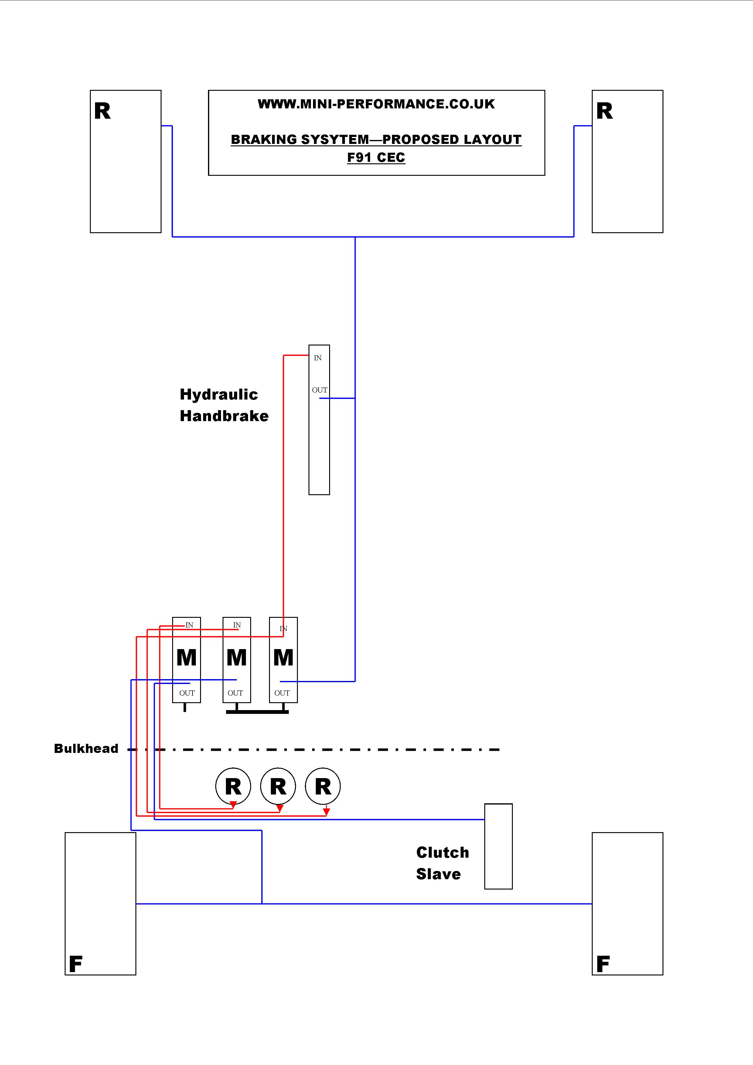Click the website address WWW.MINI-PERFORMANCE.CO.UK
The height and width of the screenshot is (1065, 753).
pyautogui.click(x=376, y=104)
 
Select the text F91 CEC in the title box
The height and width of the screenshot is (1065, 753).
pyautogui.click(x=376, y=158)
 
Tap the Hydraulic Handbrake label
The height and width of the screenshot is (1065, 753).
pyautogui.click(x=224, y=405)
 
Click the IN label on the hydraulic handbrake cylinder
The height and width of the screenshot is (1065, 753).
pyautogui.click(x=318, y=358)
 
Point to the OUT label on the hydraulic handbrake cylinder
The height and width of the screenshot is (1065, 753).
pyautogui.click(x=320, y=390)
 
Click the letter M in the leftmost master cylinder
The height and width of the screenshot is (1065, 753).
pyautogui.click(x=186, y=658)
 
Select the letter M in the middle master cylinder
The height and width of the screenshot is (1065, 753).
pyautogui.click(x=237, y=658)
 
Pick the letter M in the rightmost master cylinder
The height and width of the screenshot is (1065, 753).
pyautogui.click(x=284, y=658)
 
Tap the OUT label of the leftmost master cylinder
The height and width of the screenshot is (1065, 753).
pyautogui.click(x=187, y=693)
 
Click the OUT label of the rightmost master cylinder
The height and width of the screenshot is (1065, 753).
pyautogui.click(x=282, y=693)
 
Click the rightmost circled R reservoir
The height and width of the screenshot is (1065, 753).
pyautogui.click(x=323, y=786)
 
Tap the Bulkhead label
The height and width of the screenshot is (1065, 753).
pyautogui.click(x=86, y=749)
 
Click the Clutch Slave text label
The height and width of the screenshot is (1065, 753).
pyautogui.click(x=443, y=863)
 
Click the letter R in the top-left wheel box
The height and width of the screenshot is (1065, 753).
pyautogui.click(x=103, y=111)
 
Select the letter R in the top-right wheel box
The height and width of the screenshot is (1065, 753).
pyautogui.click(x=605, y=111)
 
